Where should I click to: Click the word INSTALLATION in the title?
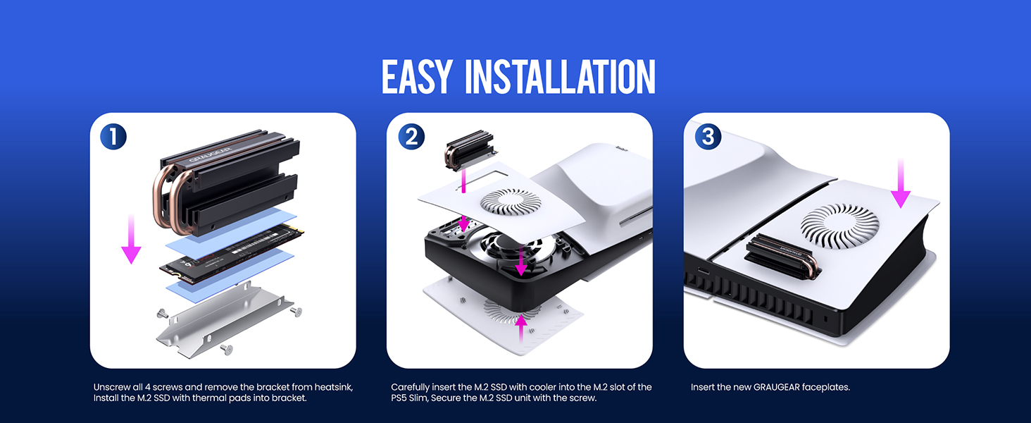coord(561,78)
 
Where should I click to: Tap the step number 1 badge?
coord(113,136)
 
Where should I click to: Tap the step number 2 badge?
coord(411,136)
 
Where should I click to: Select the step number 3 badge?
coord(708,136)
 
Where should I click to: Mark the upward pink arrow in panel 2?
coord(521,326)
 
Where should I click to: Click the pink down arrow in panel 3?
coord(901,185)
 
